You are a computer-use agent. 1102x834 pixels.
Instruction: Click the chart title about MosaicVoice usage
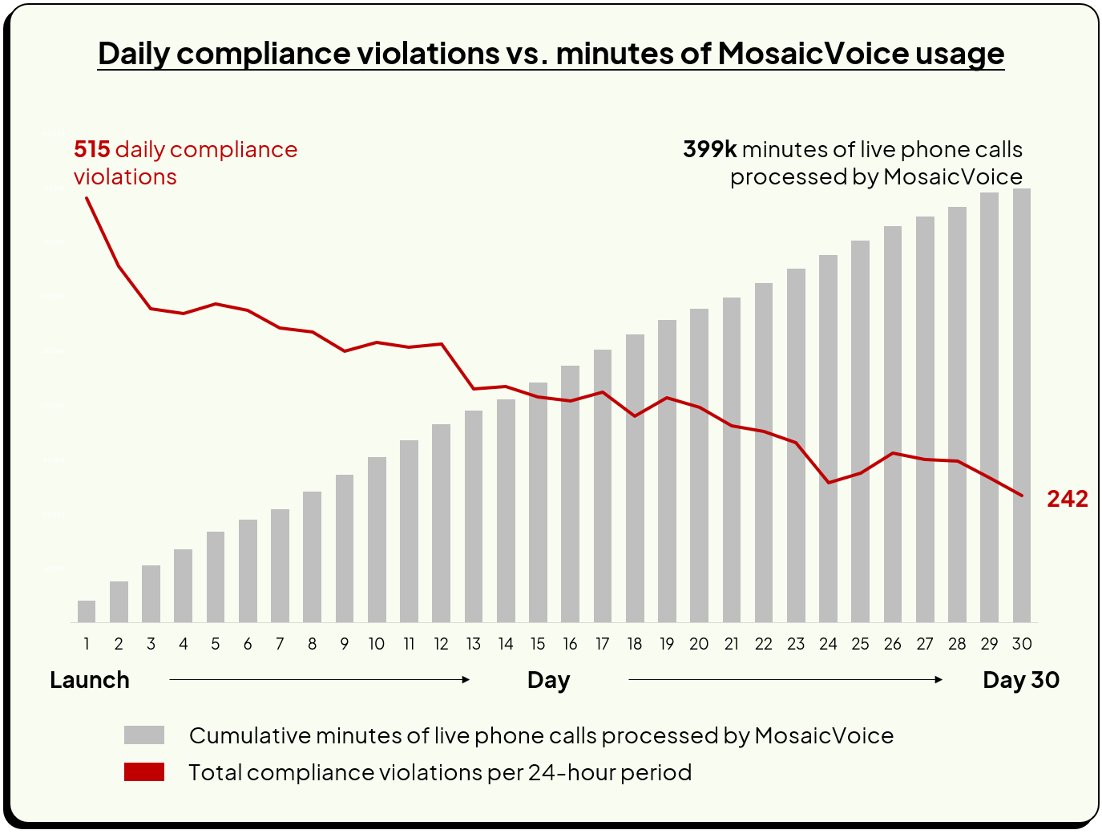(551, 54)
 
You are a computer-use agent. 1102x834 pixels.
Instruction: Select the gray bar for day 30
(1021, 405)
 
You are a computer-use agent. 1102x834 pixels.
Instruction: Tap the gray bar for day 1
(87, 611)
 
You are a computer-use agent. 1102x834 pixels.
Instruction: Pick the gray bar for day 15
(538, 502)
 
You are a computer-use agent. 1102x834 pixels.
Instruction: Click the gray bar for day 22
(764, 452)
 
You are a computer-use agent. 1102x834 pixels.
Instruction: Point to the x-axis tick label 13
(473, 644)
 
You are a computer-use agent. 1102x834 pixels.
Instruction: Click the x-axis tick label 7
(280, 644)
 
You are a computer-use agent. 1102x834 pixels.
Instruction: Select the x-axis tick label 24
(828, 644)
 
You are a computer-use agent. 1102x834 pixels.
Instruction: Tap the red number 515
(91, 150)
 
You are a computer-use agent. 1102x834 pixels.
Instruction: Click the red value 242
(1067, 499)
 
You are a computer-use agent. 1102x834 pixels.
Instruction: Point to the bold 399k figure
(709, 150)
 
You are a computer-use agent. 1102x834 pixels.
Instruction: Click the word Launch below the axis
(90, 680)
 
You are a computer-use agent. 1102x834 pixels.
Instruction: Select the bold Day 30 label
(1021, 680)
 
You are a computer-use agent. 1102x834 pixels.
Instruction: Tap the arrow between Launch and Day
(319, 679)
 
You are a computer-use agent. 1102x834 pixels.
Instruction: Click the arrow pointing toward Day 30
(785, 679)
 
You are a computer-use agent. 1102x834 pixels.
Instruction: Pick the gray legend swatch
(144, 735)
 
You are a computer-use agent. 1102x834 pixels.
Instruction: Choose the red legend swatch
(144, 772)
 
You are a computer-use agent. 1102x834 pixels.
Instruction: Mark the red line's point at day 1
(87, 197)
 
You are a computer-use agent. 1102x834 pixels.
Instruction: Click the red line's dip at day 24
(828, 482)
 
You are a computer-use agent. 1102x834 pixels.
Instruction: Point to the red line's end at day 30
(1022, 496)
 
